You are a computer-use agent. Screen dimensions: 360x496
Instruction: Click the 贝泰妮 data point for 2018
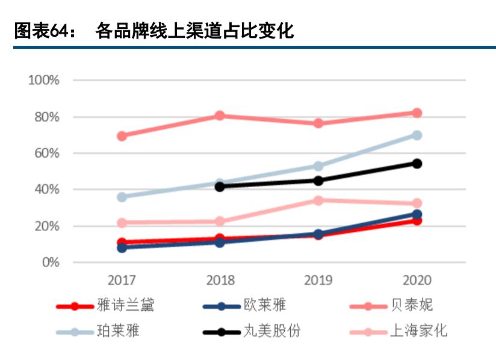click(220, 116)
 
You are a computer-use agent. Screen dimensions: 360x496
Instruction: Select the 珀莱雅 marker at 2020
click(416, 135)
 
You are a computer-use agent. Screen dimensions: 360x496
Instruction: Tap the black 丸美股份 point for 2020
click(416, 163)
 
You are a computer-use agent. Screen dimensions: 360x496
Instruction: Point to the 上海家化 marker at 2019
click(318, 200)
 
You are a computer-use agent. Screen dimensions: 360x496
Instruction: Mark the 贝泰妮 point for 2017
click(122, 136)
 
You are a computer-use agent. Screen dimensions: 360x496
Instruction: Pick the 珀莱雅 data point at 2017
click(122, 197)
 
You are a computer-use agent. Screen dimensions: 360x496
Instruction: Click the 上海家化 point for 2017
click(122, 223)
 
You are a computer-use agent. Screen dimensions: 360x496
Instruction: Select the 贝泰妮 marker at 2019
click(318, 123)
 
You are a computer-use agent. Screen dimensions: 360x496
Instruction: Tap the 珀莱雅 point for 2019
click(318, 166)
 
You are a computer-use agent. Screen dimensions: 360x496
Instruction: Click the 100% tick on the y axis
click(43, 80)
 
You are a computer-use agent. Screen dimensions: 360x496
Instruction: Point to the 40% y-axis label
click(46, 190)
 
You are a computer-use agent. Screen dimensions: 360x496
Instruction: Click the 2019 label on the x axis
click(318, 281)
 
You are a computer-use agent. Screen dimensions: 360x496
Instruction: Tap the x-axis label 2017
click(122, 281)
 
